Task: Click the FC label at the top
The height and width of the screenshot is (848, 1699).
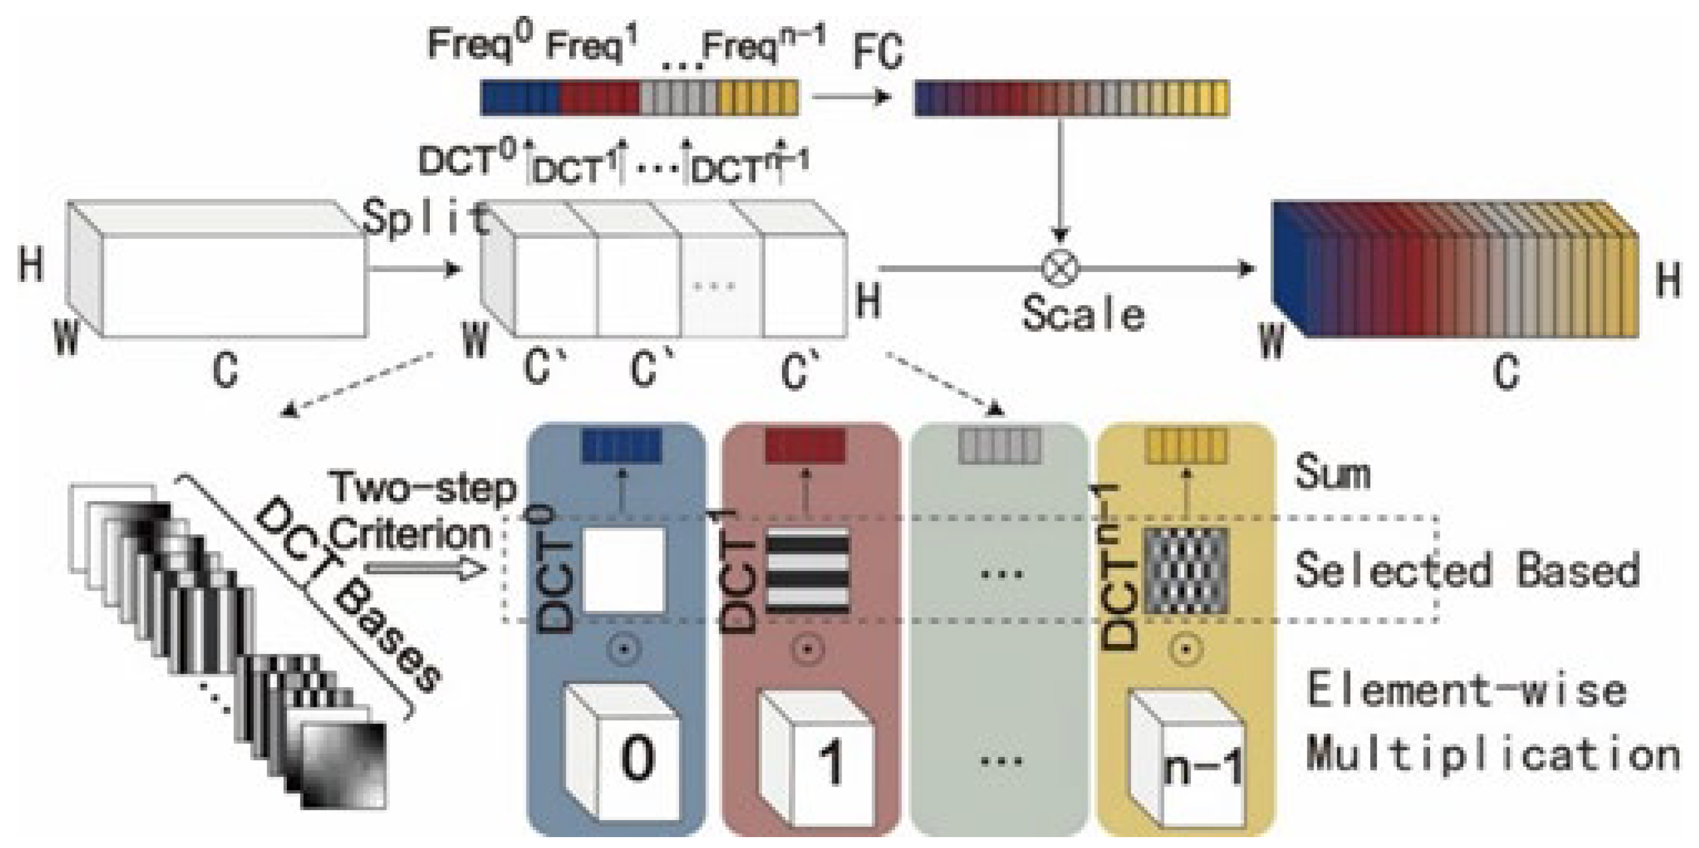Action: [x=877, y=53]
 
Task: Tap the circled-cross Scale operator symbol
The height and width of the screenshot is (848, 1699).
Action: [x=1060, y=268]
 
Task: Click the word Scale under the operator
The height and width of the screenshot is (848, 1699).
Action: [x=1082, y=314]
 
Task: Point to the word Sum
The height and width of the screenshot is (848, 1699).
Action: [x=1332, y=473]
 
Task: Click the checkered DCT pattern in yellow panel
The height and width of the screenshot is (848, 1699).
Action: [x=1186, y=571]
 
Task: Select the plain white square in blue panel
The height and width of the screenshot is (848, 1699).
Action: [x=623, y=570]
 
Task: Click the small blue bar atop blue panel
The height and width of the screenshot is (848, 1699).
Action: [x=621, y=446]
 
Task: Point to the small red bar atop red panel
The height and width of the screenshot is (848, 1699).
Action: [x=805, y=446]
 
